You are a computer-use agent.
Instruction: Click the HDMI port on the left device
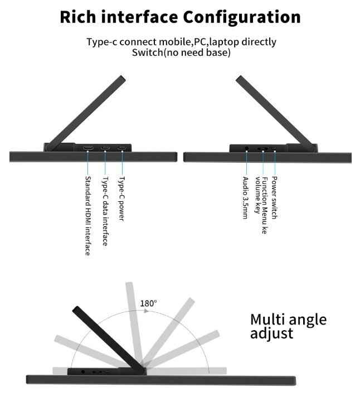[x=87, y=148]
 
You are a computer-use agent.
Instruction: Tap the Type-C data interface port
[x=105, y=148]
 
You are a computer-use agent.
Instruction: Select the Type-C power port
[x=121, y=148]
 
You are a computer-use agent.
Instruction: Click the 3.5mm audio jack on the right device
[x=247, y=148]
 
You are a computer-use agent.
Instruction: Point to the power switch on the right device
[x=274, y=148]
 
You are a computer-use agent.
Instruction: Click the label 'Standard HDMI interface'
[x=87, y=216]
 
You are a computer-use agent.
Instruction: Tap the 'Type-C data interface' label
[x=105, y=211]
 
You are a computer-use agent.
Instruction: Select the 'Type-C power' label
[x=121, y=198]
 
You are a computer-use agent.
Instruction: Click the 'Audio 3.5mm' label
[x=245, y=197]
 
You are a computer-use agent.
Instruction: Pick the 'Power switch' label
[x=274, y=197]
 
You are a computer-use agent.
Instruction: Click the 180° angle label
[x=148, y=303]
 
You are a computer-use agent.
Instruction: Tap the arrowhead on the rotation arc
[x=146, y=311]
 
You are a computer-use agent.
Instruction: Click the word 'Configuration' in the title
[x=242, y=17]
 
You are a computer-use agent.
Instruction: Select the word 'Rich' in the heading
[x=78, y=17]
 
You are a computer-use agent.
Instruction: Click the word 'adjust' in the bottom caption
[x=271, y=333]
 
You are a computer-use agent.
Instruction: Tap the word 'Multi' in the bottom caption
[x=267, y=319]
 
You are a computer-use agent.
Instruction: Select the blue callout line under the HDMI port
[x=87, y=163]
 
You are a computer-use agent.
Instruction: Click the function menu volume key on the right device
[x=262, y=148]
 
